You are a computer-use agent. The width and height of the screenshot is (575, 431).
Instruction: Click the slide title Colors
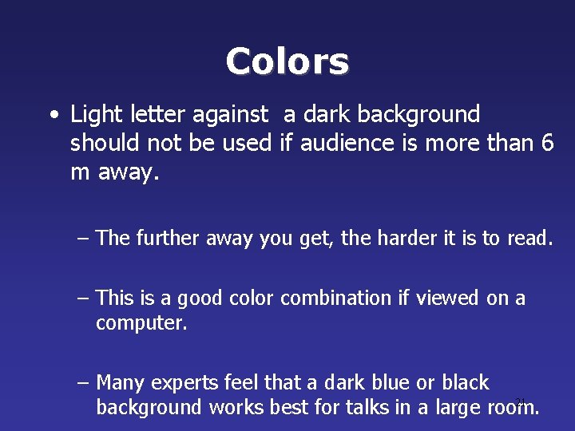pos(287,61)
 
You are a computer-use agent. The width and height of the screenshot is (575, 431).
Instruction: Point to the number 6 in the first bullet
pos(547,144)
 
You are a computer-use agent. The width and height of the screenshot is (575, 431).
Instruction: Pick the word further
pos(170,238)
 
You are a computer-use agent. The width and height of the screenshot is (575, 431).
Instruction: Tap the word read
pos(528,238)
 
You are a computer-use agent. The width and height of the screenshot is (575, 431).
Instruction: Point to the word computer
pos(141,324)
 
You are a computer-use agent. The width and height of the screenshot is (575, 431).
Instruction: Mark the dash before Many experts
pos(83,384)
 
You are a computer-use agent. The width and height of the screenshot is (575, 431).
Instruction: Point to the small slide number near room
pos(520,401)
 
